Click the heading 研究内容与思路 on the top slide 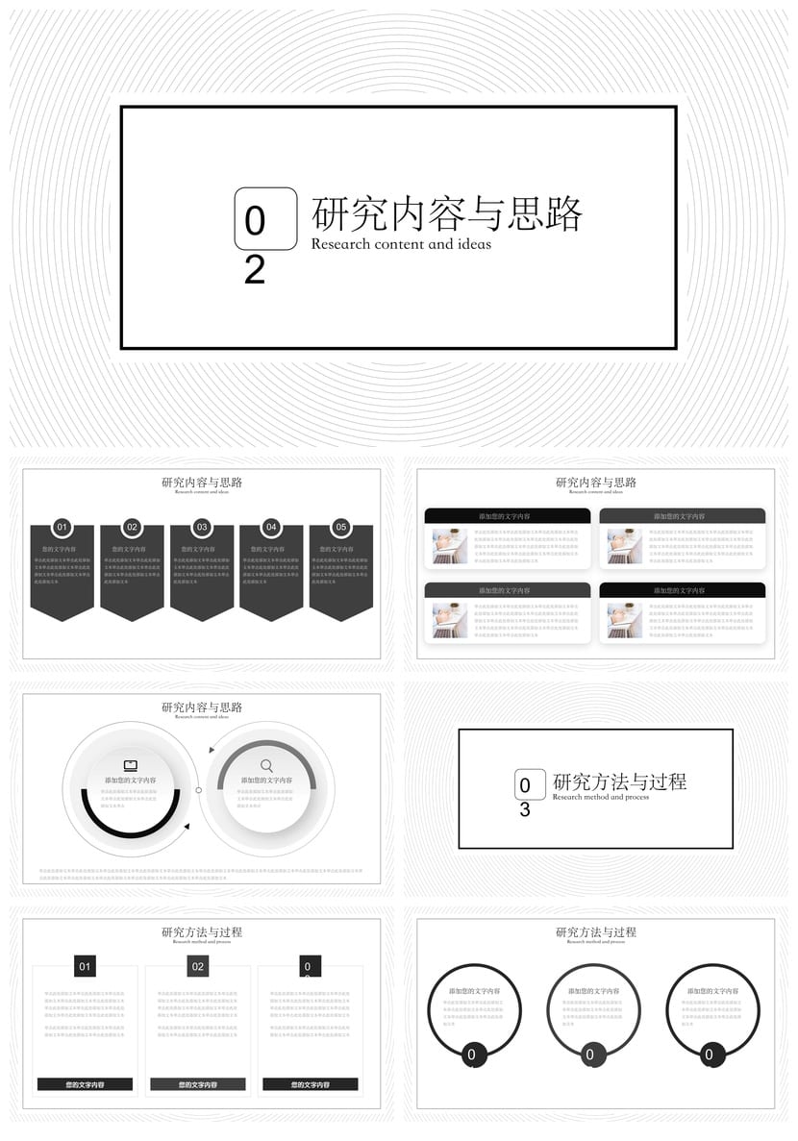[447, 213]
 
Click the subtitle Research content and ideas [401, 244]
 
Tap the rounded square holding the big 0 [265, 218]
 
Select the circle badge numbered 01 [62, 527]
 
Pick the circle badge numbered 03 [202, 527]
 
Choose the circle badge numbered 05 [341, 527]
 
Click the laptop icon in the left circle [131, 765]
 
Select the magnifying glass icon [266, 765]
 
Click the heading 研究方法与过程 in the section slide [619, 781]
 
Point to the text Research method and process [601, 797]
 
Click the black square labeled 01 [85, 966]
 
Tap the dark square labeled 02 [198, 966]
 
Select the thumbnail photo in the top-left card [450, 546]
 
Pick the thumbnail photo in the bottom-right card [625, 621]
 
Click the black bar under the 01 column [85, 1084]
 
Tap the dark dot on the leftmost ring [471, 1054]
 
